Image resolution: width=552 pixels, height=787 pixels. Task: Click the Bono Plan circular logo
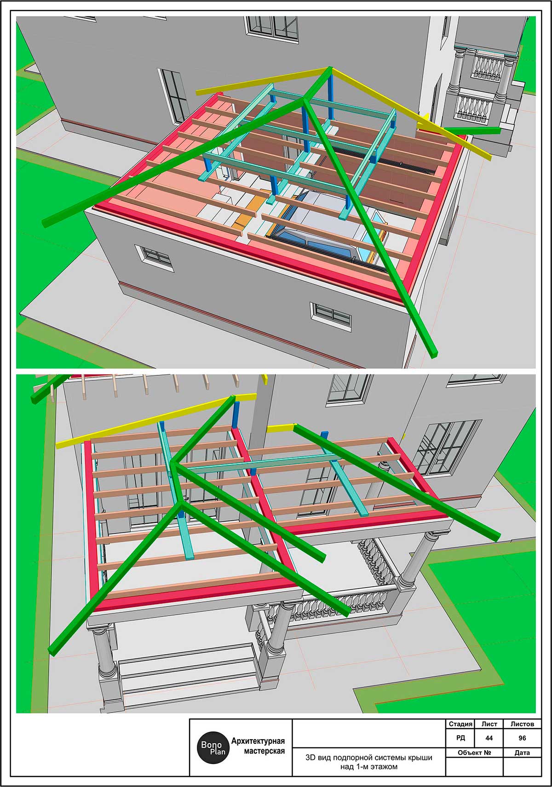coord(213,747)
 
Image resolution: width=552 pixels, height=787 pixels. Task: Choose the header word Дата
coord(522,753)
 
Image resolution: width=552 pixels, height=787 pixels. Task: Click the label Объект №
coord(474,753)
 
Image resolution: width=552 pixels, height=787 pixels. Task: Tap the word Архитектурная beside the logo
coord(258,741)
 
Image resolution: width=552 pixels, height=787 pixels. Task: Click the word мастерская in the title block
coord(264,751)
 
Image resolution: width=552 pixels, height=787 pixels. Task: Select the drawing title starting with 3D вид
coord(369,762)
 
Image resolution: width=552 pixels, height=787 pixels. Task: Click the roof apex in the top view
coord(330,68)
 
